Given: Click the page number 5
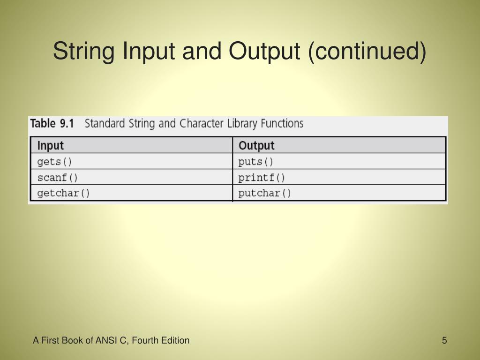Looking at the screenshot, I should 444,340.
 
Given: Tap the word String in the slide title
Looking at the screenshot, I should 85,52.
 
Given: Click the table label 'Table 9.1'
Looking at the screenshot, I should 52,124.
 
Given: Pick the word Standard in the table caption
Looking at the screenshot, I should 104,124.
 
